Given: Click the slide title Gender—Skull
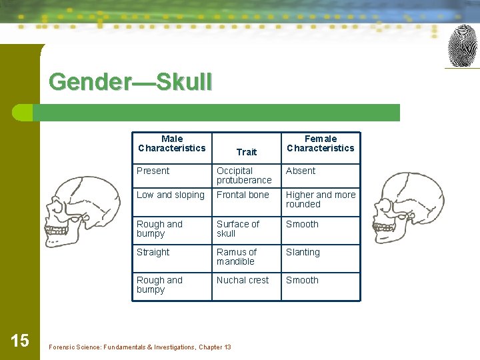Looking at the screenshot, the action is click(131, 82).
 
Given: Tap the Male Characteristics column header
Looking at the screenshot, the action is click(172, 143).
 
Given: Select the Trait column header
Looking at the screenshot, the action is click(246, 152).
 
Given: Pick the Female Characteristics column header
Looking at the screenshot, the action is click(321, 143).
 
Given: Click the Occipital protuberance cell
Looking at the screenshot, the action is click(244, 175).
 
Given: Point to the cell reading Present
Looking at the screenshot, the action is click(153, 171).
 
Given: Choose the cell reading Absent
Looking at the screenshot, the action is click(301, 171).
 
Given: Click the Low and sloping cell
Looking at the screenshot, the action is click(171, 195).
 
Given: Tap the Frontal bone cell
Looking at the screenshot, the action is click(243, 195).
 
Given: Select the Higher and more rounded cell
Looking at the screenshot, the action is click(321, 199).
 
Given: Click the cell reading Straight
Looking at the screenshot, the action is click(153, 252).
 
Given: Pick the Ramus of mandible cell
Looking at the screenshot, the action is click(237, 257).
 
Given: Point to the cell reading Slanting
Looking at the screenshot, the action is click(303, 252).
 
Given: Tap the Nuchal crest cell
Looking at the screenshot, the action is click(243, 280).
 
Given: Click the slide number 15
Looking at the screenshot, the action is click(20, 341).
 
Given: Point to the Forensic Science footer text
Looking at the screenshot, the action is click(140, 347).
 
